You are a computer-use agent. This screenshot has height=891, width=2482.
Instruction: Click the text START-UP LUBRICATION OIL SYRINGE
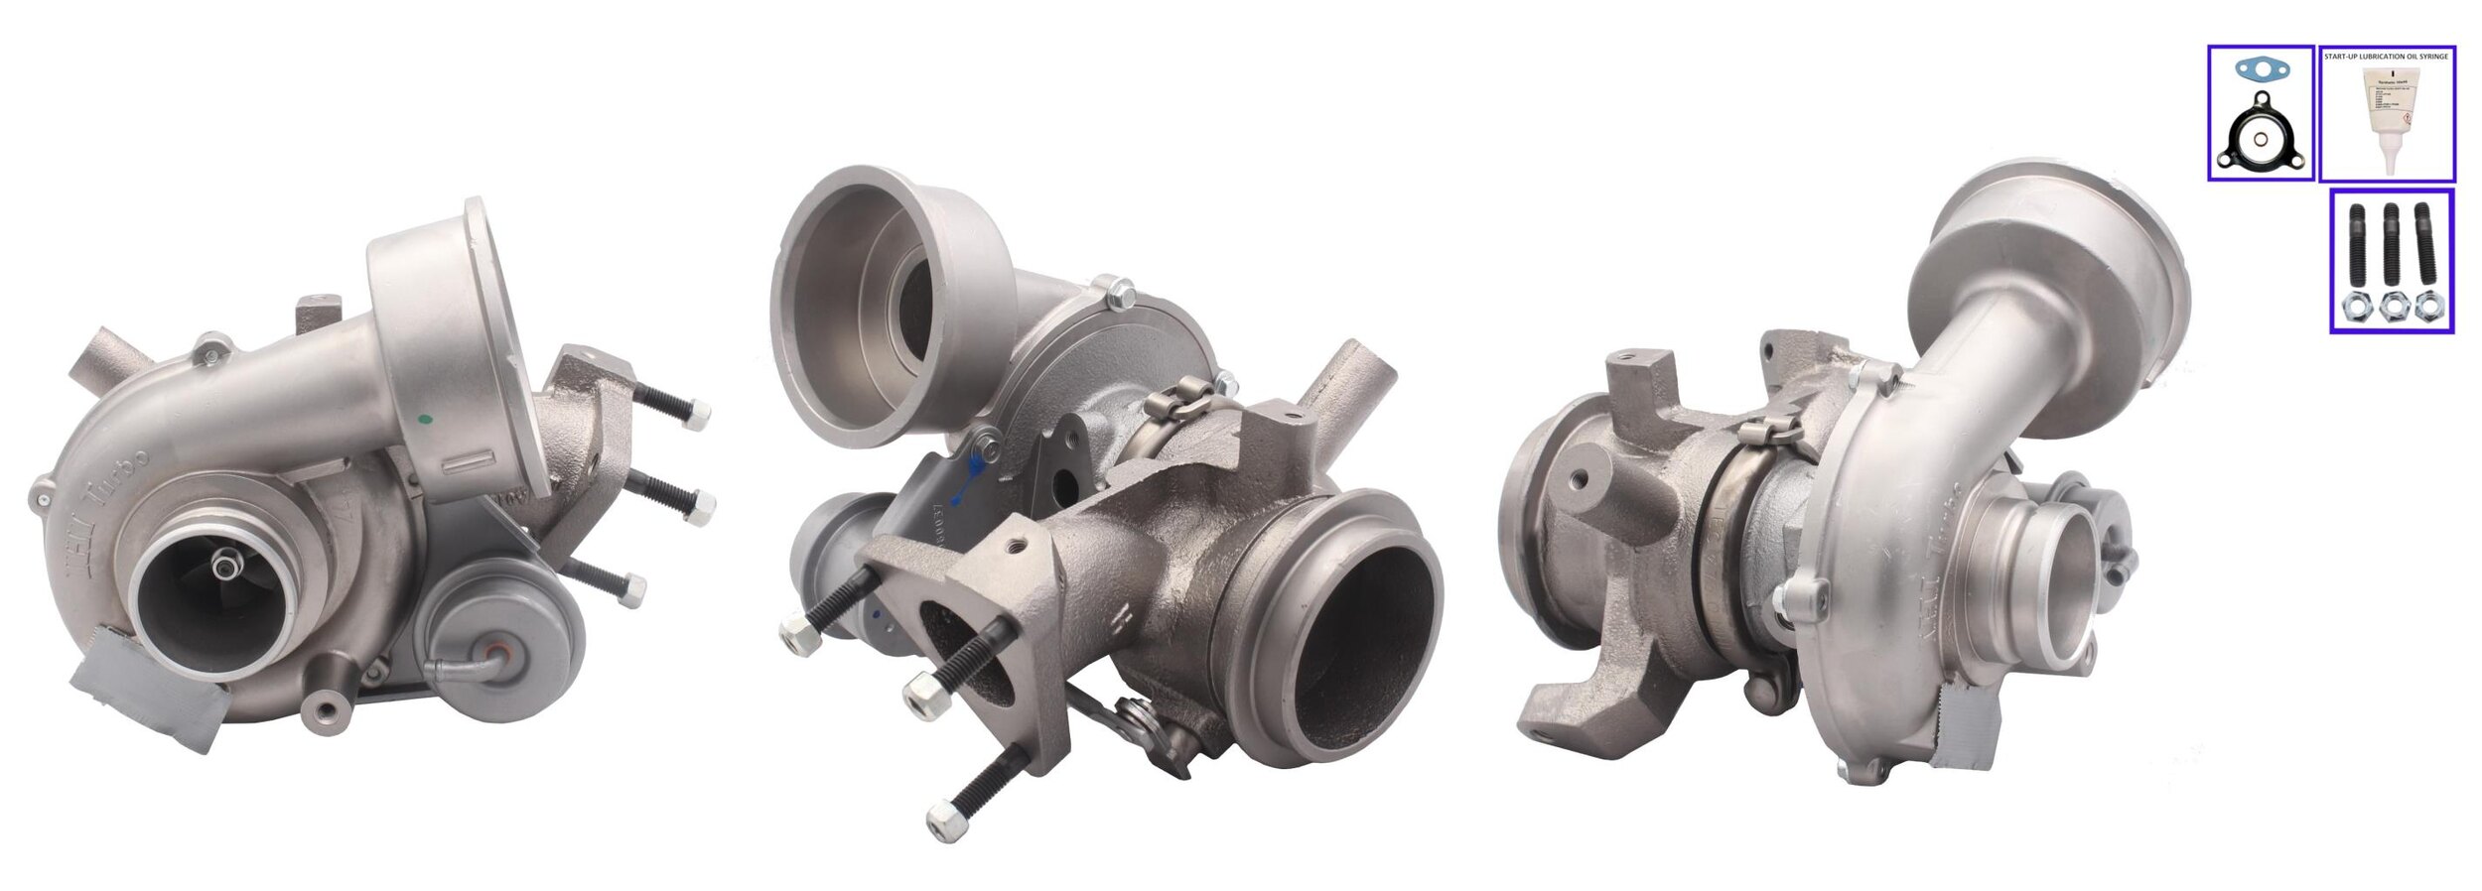point(2386,57)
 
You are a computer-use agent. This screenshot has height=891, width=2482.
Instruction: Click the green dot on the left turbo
point(427,420)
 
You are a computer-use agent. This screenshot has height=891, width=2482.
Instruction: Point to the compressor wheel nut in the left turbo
point(227,565)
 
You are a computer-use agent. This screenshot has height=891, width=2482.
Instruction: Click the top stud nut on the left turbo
point(698,414)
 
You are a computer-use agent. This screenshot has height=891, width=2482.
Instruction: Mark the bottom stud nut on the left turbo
point(631,592)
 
